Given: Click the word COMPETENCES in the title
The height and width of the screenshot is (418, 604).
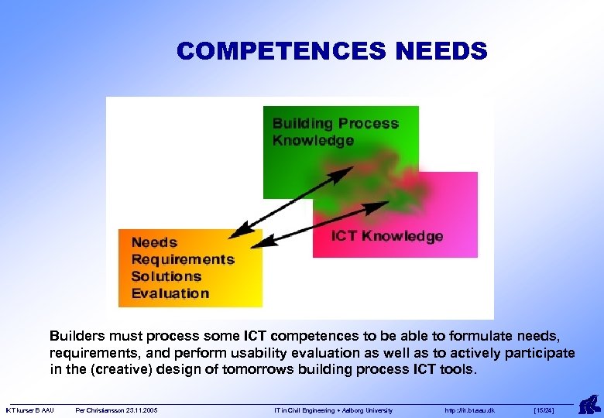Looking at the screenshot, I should coord(283,51).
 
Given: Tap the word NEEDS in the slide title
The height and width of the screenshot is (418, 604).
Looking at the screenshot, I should coord(441,51).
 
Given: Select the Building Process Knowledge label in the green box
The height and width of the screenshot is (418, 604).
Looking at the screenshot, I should coord(335,132).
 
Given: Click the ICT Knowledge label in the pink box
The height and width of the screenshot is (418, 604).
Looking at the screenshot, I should coord(387,236).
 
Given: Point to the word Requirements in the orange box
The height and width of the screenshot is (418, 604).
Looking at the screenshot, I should coord(183,259).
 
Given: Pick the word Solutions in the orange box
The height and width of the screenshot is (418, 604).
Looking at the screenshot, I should coord(166,276).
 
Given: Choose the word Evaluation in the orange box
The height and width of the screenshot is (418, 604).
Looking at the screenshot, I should coord(170,293).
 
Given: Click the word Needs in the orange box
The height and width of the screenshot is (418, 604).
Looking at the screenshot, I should coord(154,242).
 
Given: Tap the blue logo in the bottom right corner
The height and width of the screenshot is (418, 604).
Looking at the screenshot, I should coord(588,403).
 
